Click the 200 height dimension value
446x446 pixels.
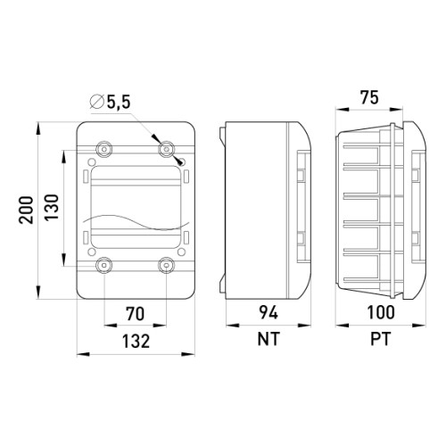[x=26, y=210]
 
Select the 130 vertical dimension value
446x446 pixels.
[x=52, y=207]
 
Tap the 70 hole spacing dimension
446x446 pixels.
[x=136, y=314]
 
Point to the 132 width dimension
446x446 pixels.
[x=136, y=341]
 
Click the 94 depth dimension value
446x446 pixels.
[x=268, y=312]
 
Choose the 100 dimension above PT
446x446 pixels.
[x=381, y=312]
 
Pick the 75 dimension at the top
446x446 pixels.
[x=369, y=97]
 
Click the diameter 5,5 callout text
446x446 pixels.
[x=110, y=102]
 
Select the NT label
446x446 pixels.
[x=268, y=339]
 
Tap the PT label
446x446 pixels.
[x=381, y=339]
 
